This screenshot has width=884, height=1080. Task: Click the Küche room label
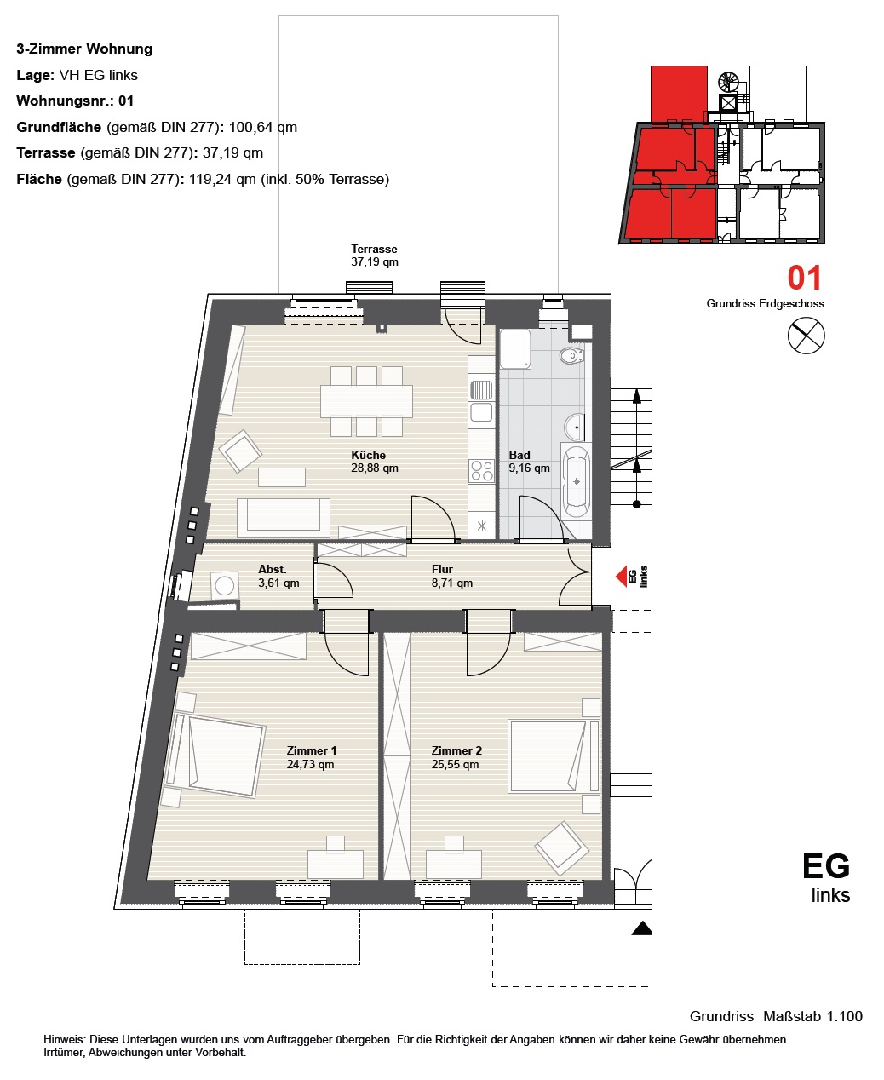pos(375,462)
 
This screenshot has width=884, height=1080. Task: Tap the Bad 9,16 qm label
pos(529,462)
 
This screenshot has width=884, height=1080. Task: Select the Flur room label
pos(451,576)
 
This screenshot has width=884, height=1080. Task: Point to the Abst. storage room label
pos(278,576)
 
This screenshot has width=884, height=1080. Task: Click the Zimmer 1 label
pos(311,757)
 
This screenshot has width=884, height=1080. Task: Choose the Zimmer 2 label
pos(456,757)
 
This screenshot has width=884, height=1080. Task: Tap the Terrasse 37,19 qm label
pos(375,255)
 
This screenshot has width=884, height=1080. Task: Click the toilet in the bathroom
pos(571,355)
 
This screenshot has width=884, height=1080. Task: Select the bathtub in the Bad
pos(577,482)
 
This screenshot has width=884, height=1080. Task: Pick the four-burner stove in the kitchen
pos(481,471)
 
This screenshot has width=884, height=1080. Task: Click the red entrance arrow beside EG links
pos(621,576)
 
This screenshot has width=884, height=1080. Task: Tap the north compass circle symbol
pos(807,336)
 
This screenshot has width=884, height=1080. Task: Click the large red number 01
pos(804,278)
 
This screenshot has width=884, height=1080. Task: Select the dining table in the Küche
pos(366,401)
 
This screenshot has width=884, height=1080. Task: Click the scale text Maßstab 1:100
pos(812,1016)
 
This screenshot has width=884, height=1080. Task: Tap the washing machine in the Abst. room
pos(224,585)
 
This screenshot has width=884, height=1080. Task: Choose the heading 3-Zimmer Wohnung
pos(84,49)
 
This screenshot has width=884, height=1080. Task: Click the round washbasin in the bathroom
pos(575,427)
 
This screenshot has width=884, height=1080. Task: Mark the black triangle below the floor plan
pos(641,928)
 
